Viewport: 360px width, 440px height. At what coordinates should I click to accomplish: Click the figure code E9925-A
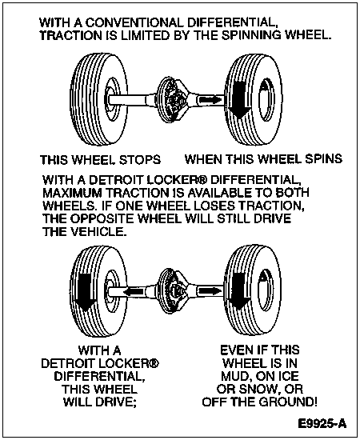tap(322, 423)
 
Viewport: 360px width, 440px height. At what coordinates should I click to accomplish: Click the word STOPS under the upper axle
tap(140, 160)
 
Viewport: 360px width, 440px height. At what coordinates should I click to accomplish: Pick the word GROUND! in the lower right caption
tap(288, 402)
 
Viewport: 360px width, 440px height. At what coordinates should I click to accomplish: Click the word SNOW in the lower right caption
tap(257, 390)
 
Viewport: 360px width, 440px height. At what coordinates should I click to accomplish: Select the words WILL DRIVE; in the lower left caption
tap(100, 402)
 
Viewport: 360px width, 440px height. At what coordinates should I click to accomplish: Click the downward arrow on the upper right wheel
tap(239, 99)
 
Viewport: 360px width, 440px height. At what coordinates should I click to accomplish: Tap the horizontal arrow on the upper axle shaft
tap(210, 99)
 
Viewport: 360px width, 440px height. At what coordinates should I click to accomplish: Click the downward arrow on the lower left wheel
tap(85, 291)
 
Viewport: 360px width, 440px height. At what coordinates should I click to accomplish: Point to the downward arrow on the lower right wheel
tap(239, 291)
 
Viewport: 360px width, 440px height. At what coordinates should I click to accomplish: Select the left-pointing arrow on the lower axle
tap(134, 291)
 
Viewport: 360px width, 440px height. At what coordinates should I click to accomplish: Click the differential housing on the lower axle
tap(173, 291)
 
